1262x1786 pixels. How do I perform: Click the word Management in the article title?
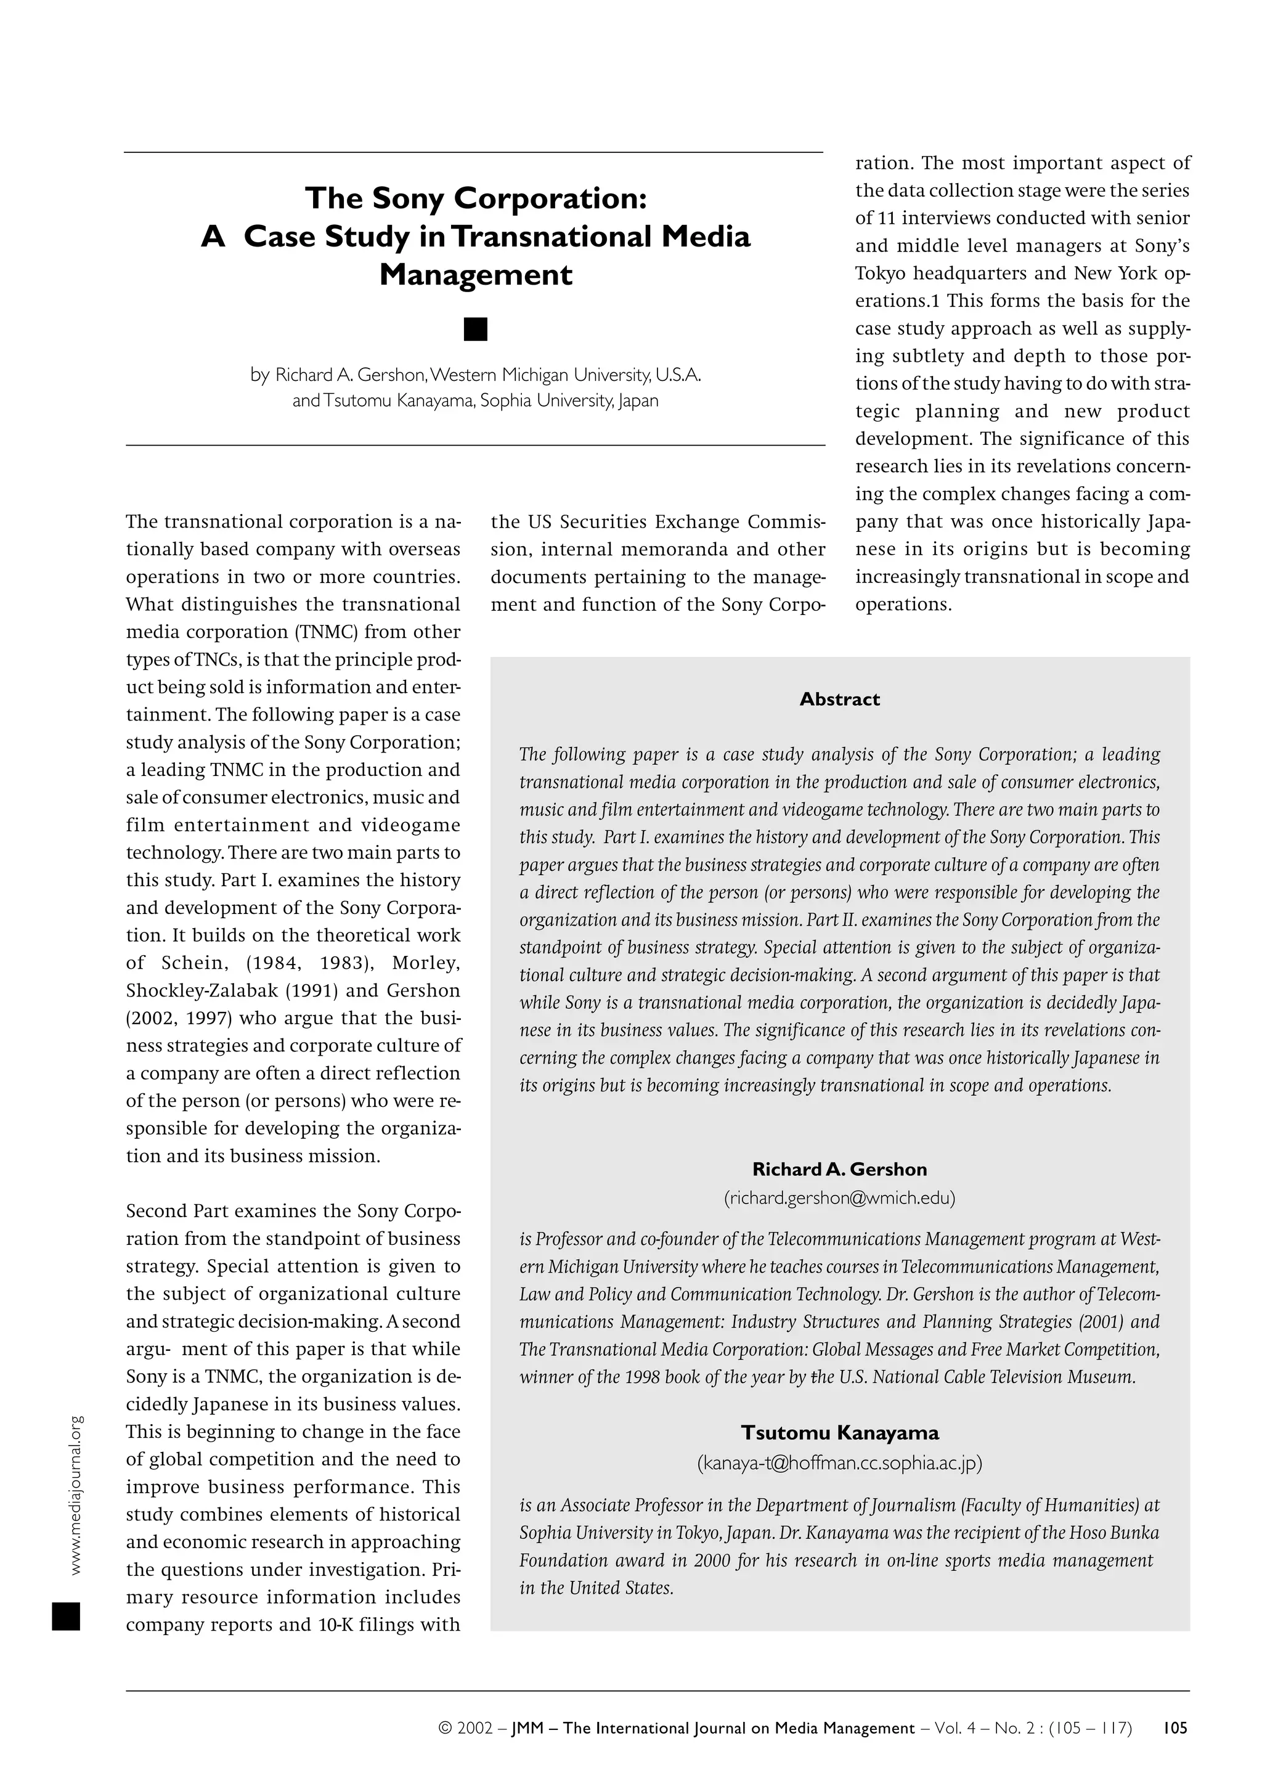coord(475,275)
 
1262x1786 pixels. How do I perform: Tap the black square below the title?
coord(475,329)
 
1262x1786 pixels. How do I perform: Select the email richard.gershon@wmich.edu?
coord(839,1198)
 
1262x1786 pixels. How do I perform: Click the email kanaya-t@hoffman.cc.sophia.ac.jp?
coord(839,1464)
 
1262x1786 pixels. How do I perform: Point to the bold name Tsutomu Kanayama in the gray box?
coord(839,1433)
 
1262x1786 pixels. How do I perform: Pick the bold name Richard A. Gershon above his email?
coord(839,1169)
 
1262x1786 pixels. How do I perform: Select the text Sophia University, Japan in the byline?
coord(569,401)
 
